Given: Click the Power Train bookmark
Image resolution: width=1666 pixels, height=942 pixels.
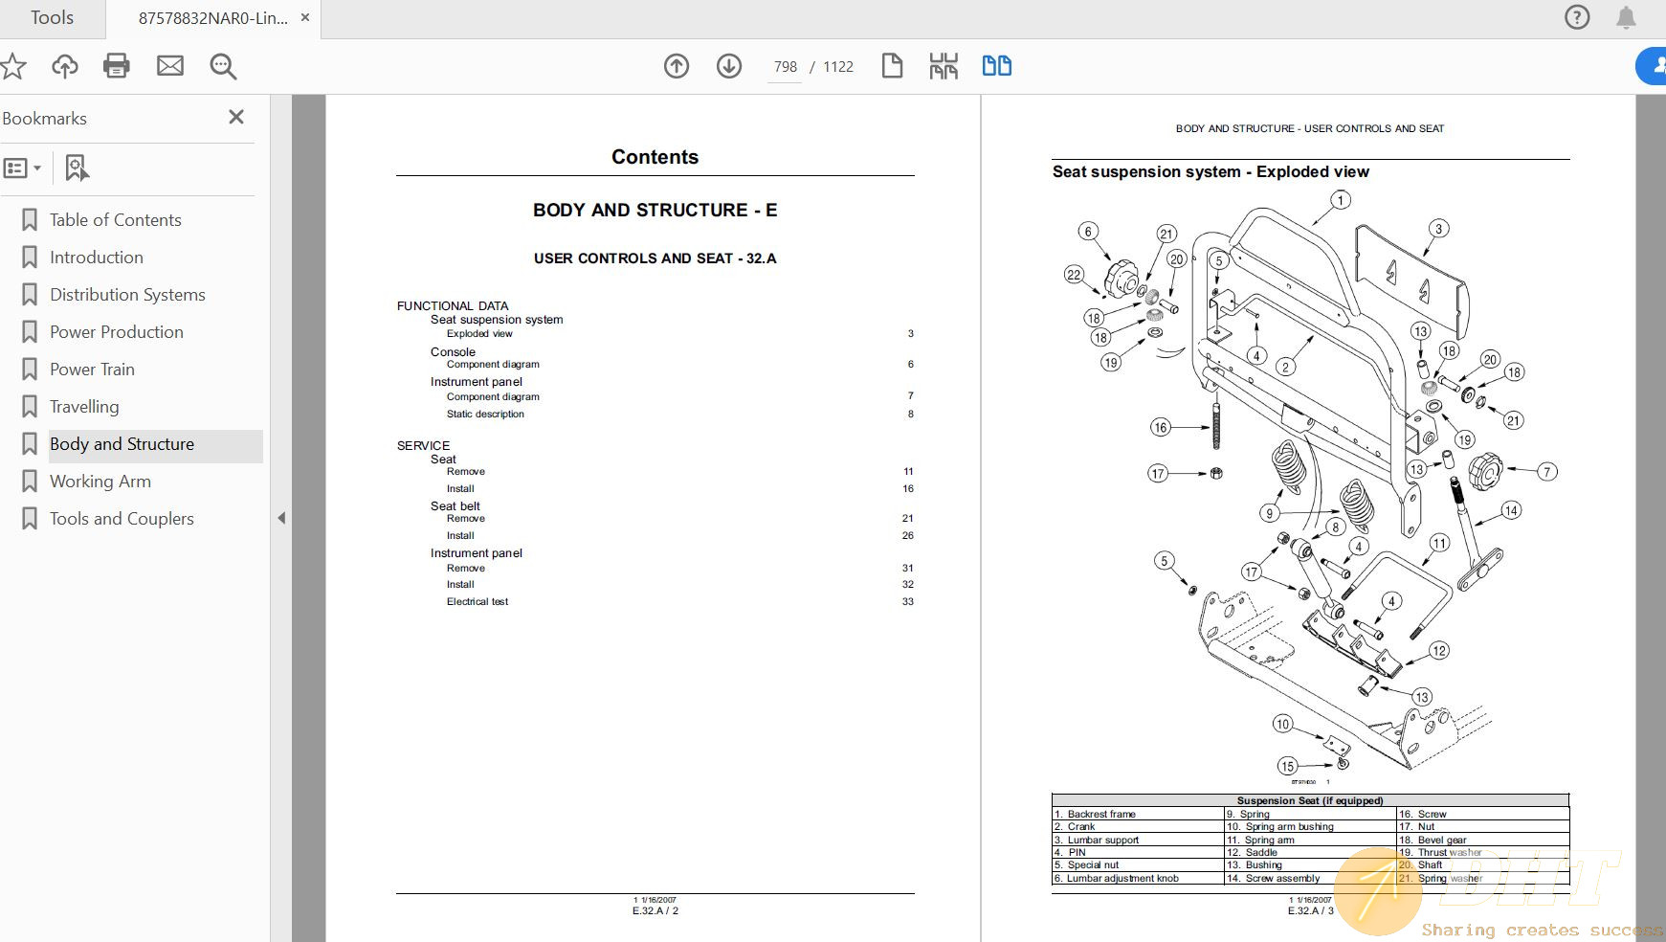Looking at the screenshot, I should click(x=92, y=370).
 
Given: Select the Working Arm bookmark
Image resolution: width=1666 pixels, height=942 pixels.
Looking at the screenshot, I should click(x=100, y=482).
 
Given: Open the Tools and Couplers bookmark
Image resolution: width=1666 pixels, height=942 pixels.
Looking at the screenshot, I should click(x=122, y=519).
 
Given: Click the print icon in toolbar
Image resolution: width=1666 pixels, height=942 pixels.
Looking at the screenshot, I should click(x=117, y=66).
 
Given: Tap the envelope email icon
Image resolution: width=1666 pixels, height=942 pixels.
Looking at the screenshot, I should click(x=170, y=66).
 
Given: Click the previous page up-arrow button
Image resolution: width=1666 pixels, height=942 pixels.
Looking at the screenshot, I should click(x=677, y=66).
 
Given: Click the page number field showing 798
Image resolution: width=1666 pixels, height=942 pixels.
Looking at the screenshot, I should click(x=785, y=67).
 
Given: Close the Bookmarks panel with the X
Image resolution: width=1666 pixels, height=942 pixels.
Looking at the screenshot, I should click(x=236, y=117).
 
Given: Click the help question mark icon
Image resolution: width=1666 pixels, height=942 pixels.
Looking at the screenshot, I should click(x=1577, y=17).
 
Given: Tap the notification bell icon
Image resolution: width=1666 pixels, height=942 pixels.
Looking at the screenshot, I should click(x=1626, y=17).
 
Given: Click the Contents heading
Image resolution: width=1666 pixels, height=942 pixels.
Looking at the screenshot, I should click(x=655, y=157).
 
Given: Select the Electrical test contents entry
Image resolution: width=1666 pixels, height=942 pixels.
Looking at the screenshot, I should click(x=478, y=602).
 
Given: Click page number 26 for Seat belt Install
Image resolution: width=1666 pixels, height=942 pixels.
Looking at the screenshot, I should click(x=907, y=536).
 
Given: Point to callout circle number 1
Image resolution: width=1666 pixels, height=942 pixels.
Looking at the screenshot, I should click(x=1341, y=200).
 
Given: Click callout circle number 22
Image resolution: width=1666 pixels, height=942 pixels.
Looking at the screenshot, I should click(x=1074, y=275).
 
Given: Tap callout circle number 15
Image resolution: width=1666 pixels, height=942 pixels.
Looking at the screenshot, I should click(x=1287, y=766).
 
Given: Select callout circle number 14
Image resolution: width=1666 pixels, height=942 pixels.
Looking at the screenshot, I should click(x=1511, y=510).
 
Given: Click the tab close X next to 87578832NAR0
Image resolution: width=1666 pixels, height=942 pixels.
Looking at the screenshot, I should click(x=305, y=17).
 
